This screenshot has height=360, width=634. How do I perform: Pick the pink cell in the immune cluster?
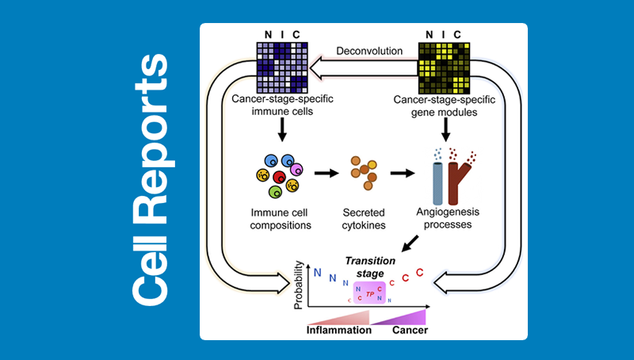297,169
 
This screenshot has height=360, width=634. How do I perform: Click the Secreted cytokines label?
363,219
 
